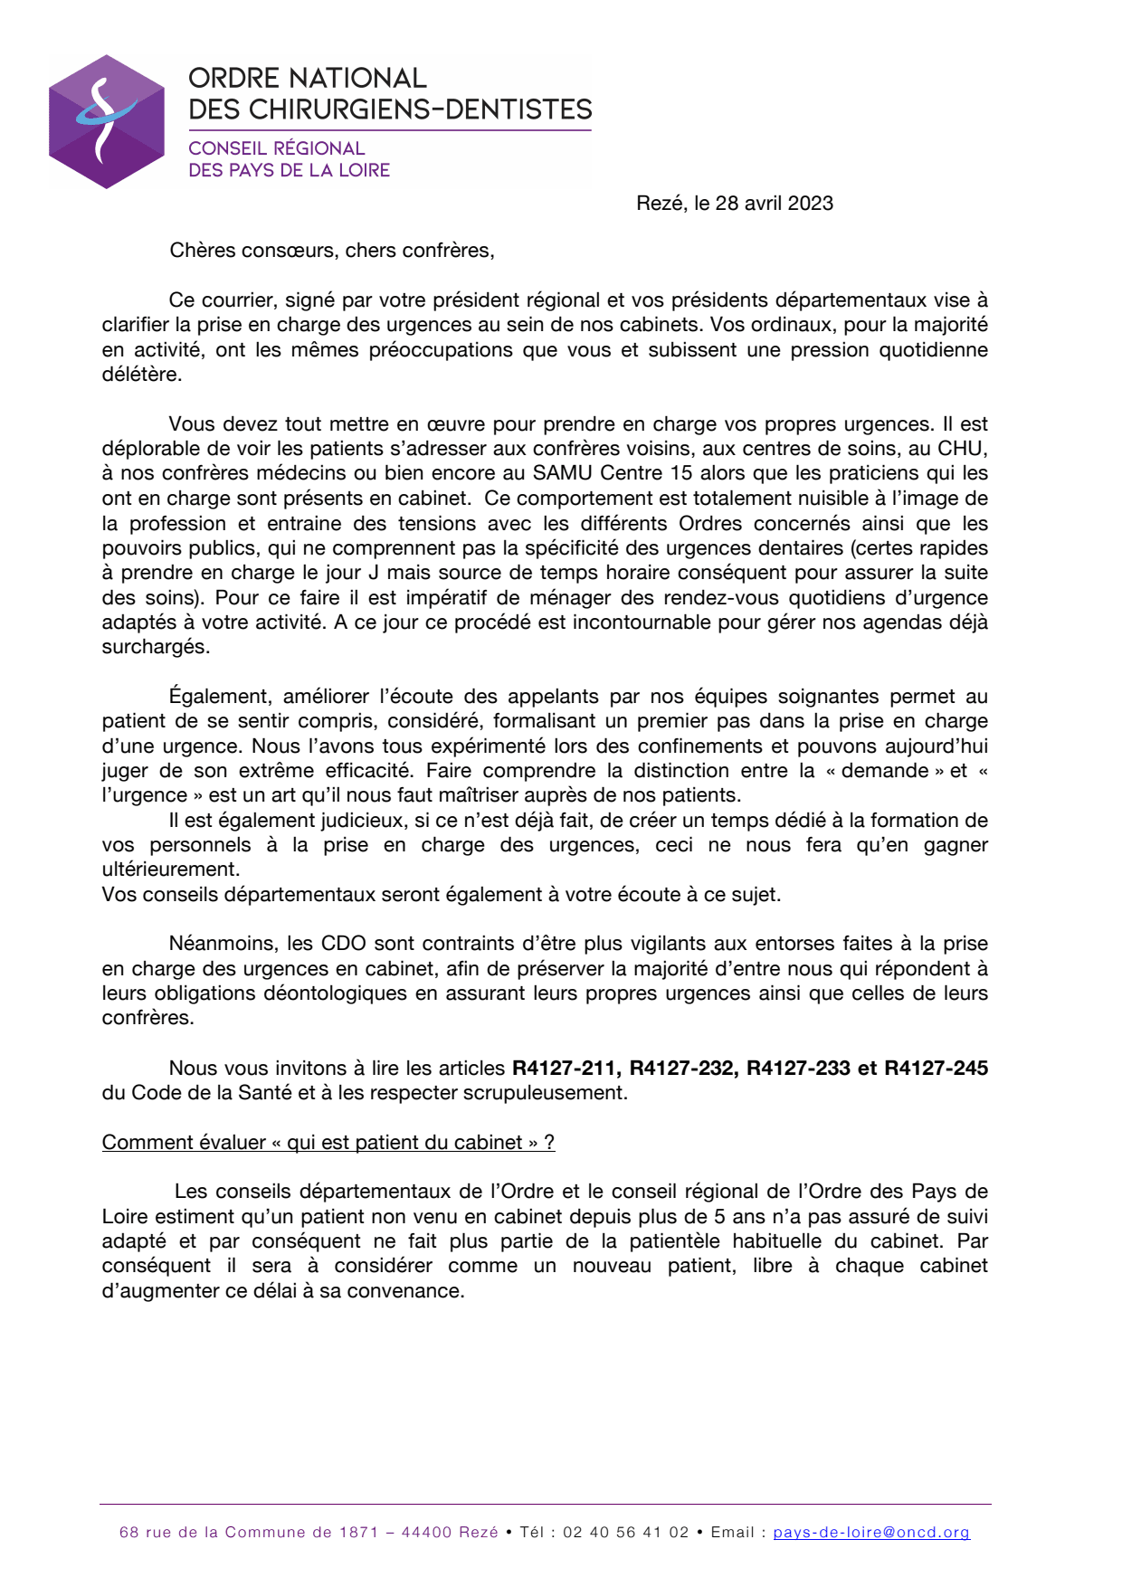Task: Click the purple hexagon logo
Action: coord(107,121)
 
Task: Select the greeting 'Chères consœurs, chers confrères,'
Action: coord(332,251)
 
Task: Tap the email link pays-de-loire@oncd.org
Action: coord(871,1533)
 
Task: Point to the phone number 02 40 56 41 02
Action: coord(626,1533)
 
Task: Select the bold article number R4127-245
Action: coord(936,1069)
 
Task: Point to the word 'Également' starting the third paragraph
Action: coord(220,697)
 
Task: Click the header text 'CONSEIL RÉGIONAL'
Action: coord(276,148)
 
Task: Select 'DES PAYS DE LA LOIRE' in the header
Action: coord(289,170)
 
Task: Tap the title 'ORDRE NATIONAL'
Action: coord(307,79)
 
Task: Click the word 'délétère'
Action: coord(141,375)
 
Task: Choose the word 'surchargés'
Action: coord(155,647)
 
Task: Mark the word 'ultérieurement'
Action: coord(170,870)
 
